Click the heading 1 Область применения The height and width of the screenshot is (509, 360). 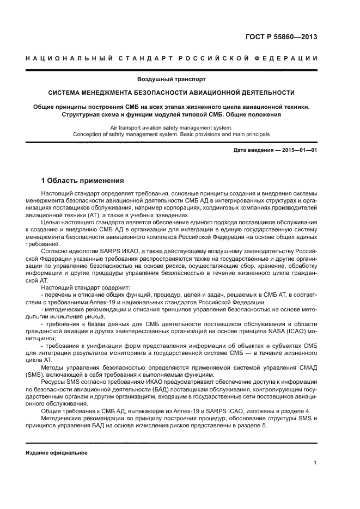[x=83, y=180]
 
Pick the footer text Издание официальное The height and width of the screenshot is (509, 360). [x=57, y=452]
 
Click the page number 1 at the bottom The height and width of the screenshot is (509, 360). [x=315, y=463]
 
